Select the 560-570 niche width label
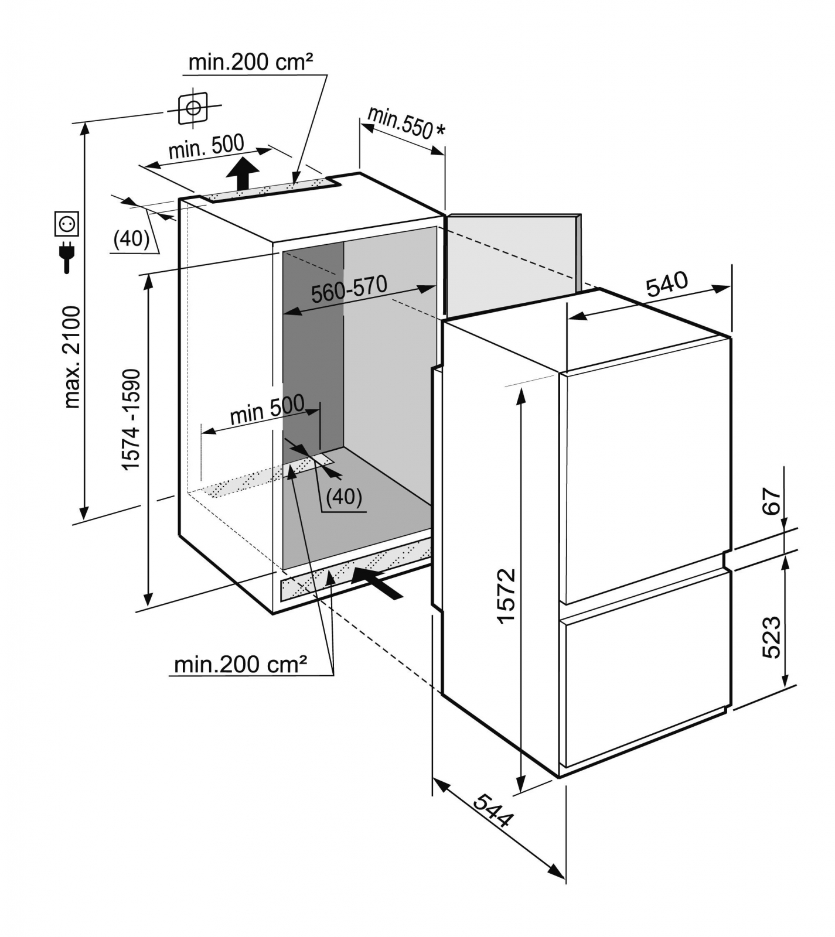click(x=349, y=289)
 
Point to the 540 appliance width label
click(x=667, y=284)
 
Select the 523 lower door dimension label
click(x=772, y=637)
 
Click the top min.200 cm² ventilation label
click(x=251, y=62)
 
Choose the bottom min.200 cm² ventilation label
click(x=240, y=664)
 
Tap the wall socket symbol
click(x=67, y=224)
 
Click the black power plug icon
click(x=67, y=256)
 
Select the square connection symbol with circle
click(x=192, y=108)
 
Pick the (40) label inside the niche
click(x=344, y=497)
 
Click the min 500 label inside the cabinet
click(x=267, y=410)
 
